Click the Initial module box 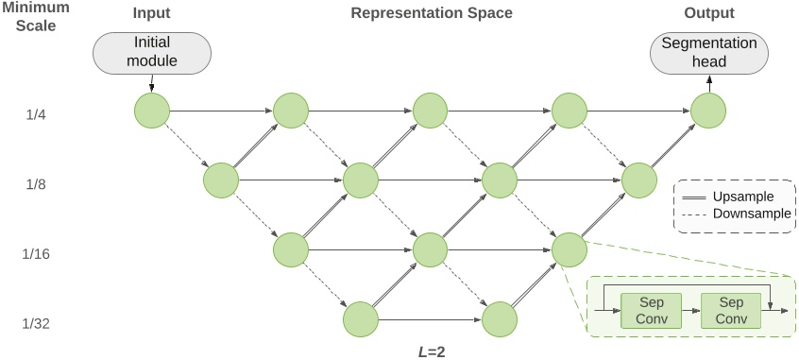(151, 53)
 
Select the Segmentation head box (709, 53)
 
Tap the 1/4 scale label (37, 114)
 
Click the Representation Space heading (431, 14)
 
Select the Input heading (153, 14)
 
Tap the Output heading (709, 14)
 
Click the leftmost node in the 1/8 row (221, 180)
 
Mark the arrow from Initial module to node (151, 83)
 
